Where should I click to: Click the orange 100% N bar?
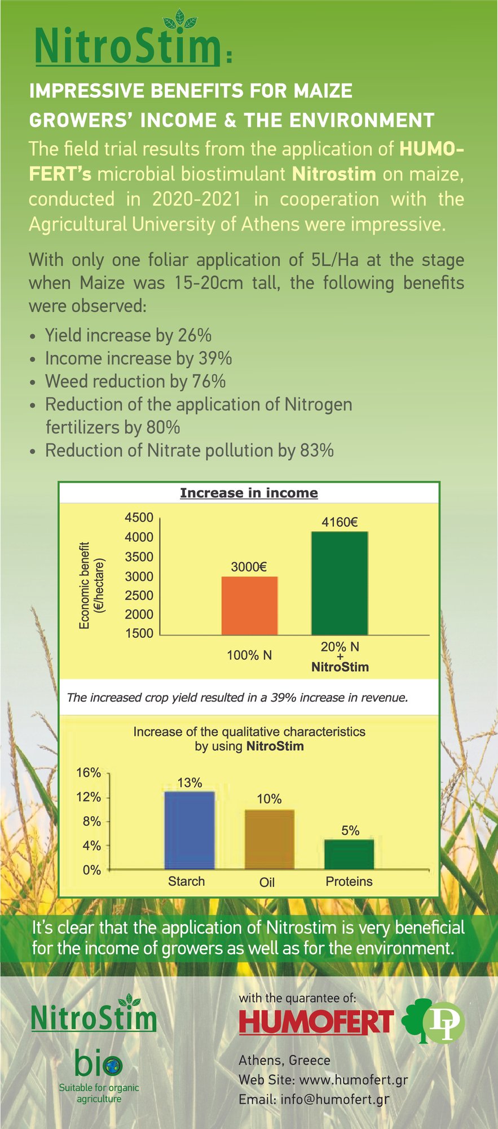(x=249, y=605)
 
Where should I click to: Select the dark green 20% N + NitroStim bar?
(x=340, y=583)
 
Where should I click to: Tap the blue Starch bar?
(x=189, y=830)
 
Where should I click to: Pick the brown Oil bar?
(x=269, y=839)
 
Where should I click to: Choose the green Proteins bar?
(x=349, y=854)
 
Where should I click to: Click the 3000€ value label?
(x=249, y=566)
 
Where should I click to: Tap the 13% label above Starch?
(x=189, y=783)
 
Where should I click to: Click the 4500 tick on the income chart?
(x=139, y=518)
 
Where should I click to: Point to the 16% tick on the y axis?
(x=89, y=773)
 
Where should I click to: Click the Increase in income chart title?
(x=249, y=493)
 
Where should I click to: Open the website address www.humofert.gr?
(x=353, y=1080)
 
